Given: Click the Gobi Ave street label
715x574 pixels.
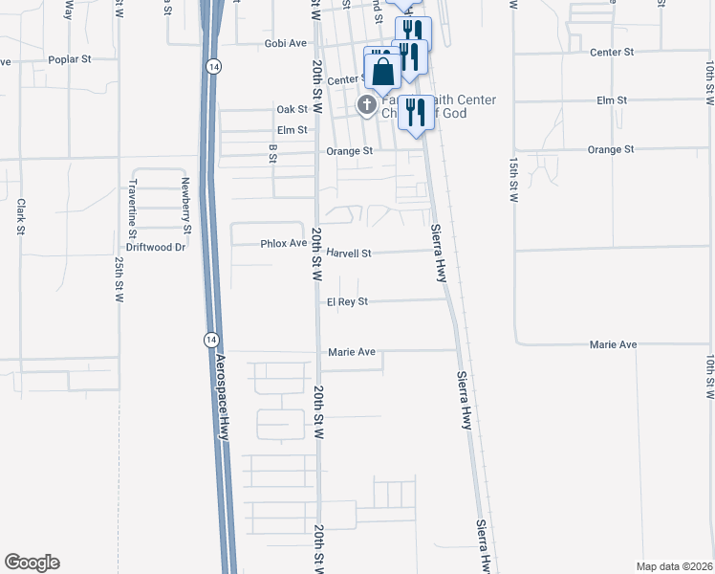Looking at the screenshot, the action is tap(286, 44).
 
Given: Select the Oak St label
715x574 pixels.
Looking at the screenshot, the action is tap(292, 110).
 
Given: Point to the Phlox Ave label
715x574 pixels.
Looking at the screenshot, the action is tap(283, 244).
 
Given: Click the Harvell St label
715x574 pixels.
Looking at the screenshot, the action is tap(349, 254).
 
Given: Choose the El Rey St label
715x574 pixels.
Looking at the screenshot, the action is tap(348, 301).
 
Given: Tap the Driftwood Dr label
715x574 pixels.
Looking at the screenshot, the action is tap(155, 247).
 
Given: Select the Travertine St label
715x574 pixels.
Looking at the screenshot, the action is tap(134, 207).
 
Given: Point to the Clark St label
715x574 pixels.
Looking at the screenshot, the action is tap(20, 217).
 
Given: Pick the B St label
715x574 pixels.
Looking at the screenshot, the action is tap(272, 154).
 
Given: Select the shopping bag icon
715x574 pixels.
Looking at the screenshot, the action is tap(382, 71).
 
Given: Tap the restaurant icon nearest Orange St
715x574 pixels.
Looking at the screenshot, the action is tap(415, 114).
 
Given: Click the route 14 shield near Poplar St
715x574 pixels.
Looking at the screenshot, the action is tap(212, 65).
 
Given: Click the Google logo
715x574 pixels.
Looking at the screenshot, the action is tap(32, 563).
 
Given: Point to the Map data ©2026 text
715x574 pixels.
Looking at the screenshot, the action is tap(674, 566).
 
